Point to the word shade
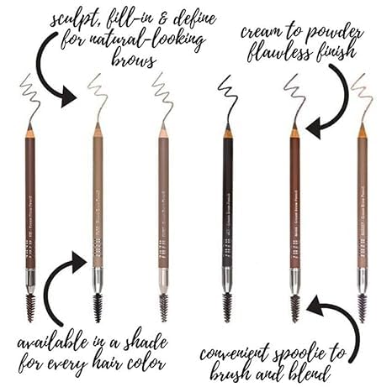(156, 343)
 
